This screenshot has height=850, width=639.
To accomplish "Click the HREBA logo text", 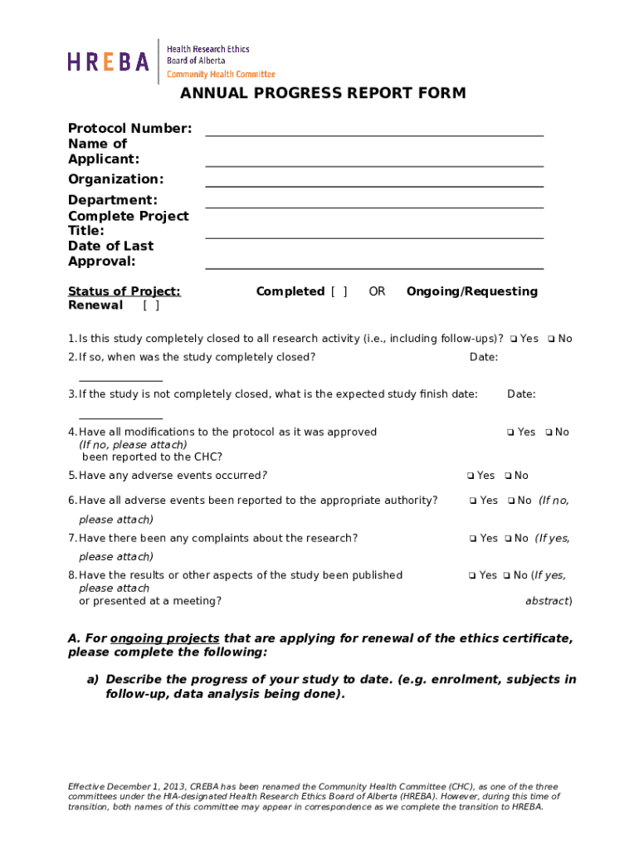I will click(108, 61).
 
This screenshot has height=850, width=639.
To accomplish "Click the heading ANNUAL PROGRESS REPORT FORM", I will click(323, 93).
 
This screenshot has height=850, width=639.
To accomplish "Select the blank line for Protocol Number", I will click(373, 129).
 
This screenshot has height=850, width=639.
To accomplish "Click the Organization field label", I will click(115, 179).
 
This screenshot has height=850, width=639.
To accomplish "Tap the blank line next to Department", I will click(373, 202).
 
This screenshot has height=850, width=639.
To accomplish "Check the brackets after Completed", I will click(339, 291).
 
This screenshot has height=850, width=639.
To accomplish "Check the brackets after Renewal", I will click(151, 305).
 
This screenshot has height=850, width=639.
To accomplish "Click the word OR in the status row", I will click(377, 291).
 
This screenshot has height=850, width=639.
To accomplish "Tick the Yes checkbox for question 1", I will click(515, 339).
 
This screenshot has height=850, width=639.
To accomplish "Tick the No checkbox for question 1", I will click(551, 339).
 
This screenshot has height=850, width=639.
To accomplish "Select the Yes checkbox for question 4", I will click(511, 432).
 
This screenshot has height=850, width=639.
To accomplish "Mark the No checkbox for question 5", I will click(508, 476).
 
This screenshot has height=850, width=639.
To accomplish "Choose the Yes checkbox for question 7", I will click(473, 539).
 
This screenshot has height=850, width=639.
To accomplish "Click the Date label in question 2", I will click(483, 357).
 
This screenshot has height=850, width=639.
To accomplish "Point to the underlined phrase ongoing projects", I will click(164, 638).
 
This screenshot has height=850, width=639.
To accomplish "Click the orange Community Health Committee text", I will click(221, 74).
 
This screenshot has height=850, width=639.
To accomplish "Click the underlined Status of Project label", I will click(124, 291).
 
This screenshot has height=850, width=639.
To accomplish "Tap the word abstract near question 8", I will click(547, 601).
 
